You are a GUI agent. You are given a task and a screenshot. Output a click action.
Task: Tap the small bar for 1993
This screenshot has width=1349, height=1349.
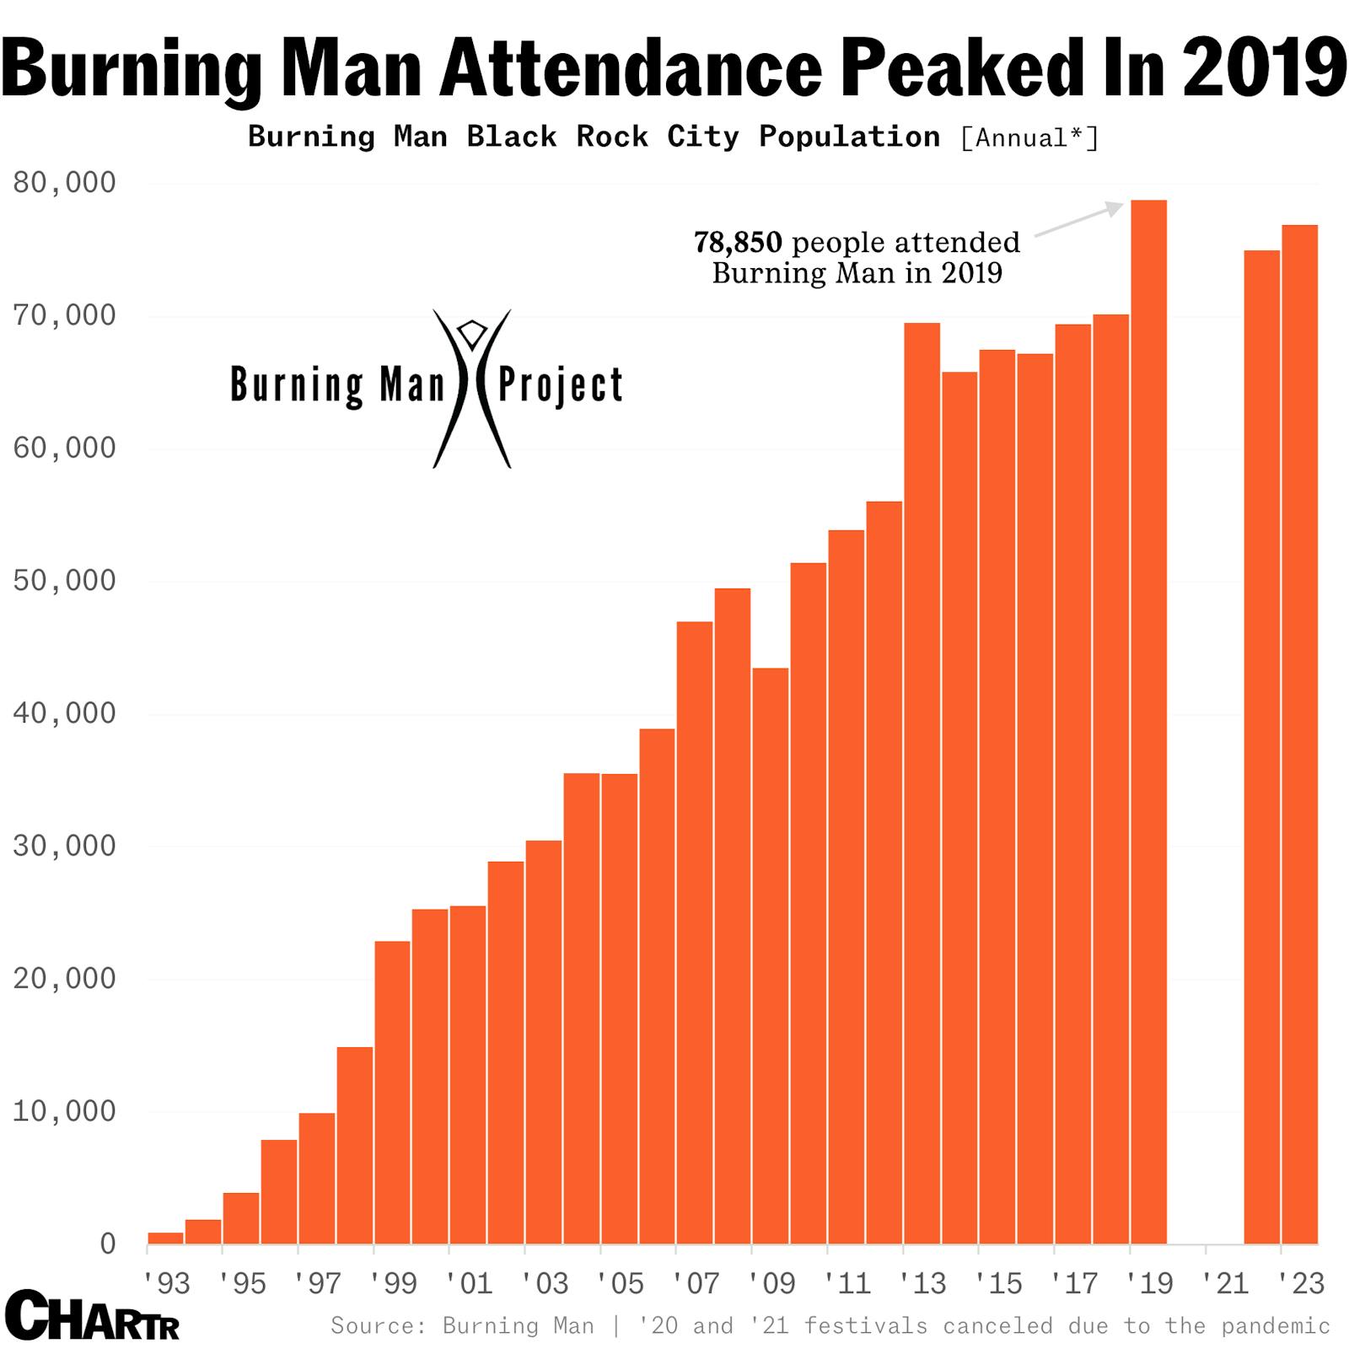(x=165, y=1237)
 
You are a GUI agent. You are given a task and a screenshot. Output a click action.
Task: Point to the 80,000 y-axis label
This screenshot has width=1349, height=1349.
(x=64, y=182)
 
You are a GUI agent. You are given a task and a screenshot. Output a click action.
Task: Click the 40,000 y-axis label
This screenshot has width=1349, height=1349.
(x=64, y=713)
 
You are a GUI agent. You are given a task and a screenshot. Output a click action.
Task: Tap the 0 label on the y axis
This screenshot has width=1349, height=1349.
(x=107, y=1244)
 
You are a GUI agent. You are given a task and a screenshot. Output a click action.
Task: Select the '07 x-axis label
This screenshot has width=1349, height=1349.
(x=695, y=1283)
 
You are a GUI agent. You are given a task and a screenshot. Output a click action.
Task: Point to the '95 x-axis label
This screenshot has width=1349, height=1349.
(x=241, y=1283)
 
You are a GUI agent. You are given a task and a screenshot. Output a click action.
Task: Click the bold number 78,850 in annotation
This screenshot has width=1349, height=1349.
(x=738, y=243)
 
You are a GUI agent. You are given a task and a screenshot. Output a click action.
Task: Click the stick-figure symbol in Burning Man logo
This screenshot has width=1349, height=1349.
(x=472, y=388)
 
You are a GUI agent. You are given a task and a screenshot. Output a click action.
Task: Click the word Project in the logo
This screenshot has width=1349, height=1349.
(x=561, y=385)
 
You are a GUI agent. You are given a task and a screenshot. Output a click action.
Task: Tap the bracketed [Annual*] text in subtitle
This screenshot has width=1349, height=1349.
(x=1029, y=137)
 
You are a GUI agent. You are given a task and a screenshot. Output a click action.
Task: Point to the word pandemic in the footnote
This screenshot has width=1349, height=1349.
(x=1275, y=1325)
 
